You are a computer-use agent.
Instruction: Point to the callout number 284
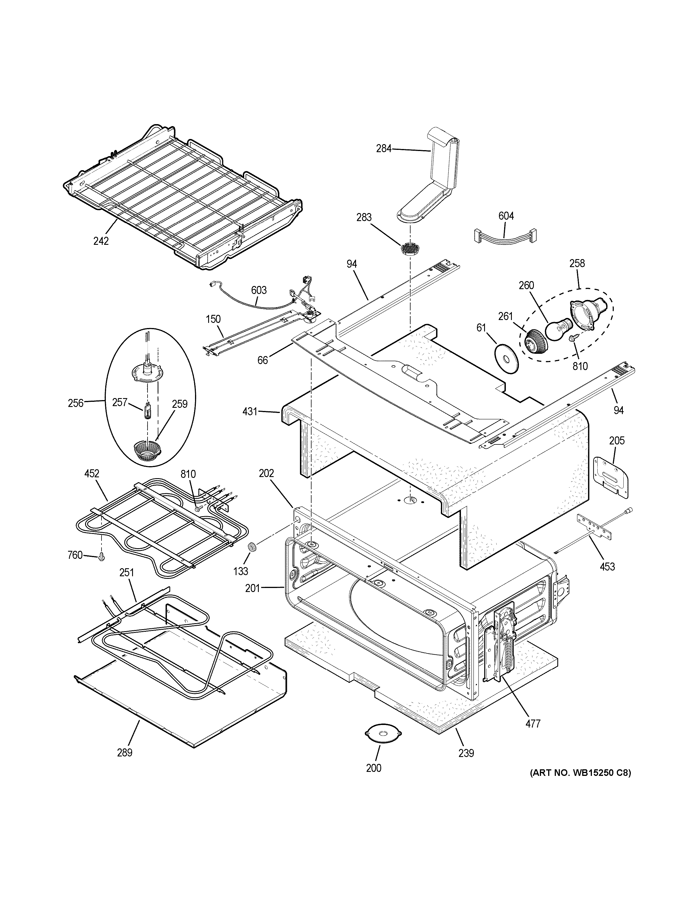click(x=383, y=148)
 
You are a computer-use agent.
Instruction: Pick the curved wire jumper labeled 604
click(x=505, y=236)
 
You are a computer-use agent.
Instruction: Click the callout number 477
click(x=533, y=724)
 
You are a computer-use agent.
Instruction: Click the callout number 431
click(x=250, y=412)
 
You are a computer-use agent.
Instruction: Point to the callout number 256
click(x=75, y=403)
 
